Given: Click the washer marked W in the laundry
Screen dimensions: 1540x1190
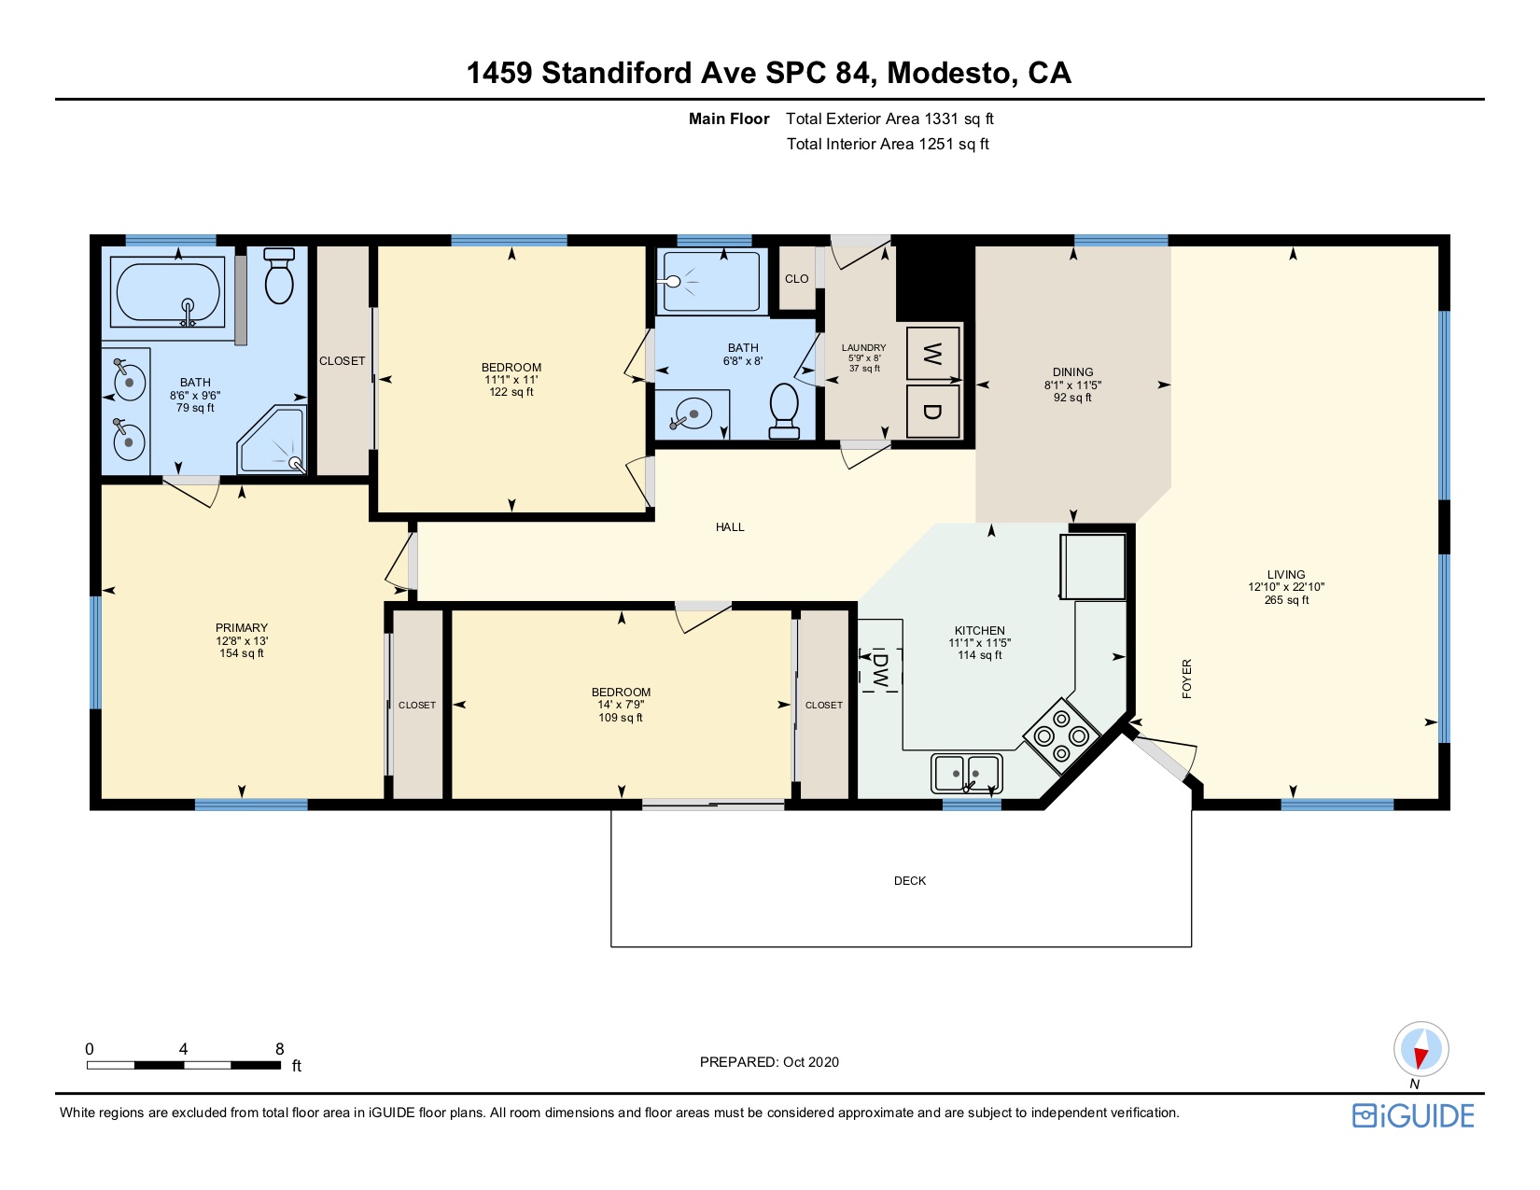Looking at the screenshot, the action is coord(932,353).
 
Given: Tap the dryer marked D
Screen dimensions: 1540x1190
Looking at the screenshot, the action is coord(932,411).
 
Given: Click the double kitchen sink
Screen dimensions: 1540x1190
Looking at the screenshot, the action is coord(966,773).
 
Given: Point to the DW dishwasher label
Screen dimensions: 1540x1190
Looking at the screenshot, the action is coord(879,670).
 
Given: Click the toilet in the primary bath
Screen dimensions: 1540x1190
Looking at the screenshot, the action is coord(279,275).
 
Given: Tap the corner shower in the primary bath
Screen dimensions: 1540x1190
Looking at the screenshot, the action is coord(273,440).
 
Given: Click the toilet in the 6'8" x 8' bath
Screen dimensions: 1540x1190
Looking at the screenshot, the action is coord(784,411).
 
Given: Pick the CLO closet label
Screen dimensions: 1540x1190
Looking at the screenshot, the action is coord(796,278).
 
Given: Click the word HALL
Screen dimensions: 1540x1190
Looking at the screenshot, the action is coord(730,526).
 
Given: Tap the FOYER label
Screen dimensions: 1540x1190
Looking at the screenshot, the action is coord(1187,679).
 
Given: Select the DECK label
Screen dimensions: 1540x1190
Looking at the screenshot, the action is coord(910,880).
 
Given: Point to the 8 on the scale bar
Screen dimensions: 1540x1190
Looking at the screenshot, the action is coord(279,1049).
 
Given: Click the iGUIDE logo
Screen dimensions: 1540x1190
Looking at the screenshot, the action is coord(1413,1115).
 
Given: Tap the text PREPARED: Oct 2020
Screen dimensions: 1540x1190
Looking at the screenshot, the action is coord(769,1062).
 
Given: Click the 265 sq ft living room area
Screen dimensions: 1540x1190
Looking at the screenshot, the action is coord(1286,599).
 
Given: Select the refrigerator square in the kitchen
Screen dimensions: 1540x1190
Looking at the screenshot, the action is coord(1093,567).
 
